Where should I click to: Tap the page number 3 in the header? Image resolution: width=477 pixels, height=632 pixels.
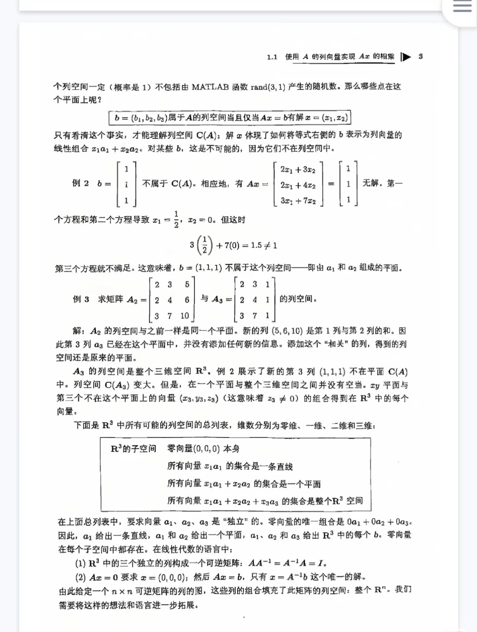[420, 56]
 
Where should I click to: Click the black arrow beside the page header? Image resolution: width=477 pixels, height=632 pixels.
[406, 56]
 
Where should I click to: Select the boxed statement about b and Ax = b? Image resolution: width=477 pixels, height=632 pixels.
[230, 117]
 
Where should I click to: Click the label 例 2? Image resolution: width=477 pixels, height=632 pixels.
[80, 183]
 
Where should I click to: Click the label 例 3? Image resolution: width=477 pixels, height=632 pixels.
[81, 299]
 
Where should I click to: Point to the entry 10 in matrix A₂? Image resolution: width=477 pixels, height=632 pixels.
[185, 315]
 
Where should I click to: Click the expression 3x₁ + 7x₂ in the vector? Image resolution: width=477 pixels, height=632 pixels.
[298, 201]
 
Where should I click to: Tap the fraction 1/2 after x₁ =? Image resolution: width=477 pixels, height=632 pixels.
[176, 219]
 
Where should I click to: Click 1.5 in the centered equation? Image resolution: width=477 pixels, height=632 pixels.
[256, 245]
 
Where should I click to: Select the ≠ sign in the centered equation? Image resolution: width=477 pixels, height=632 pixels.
[267, 245]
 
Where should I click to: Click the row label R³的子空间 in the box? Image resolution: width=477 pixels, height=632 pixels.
[133, 449]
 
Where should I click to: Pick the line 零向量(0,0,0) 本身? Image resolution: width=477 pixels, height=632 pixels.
[203, 449]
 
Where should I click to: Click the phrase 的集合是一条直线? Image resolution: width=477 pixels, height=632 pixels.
[259, 466]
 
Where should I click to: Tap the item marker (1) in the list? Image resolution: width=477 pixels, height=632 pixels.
[80, 563]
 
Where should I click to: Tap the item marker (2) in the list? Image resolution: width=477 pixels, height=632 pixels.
[80, 577]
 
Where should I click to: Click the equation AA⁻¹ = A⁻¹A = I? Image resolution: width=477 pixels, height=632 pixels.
[287, 563]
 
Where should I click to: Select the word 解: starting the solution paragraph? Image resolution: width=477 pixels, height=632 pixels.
[79, 331]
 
